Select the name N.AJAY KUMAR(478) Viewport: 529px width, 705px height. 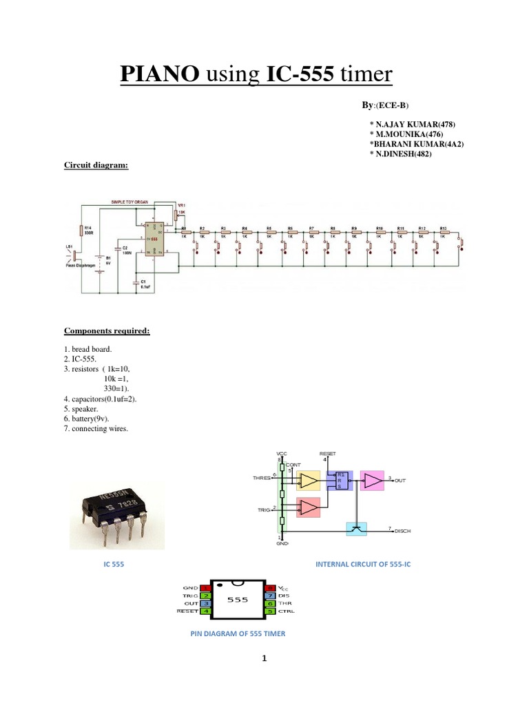click(x=413, y=125)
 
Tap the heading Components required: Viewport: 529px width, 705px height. click(x=107, y=331)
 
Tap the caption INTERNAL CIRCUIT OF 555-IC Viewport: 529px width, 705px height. click(x=362, y=564)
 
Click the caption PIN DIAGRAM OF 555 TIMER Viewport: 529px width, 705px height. click(x=238, y=633)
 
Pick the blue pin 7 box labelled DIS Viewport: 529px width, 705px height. click(x=271, y=594)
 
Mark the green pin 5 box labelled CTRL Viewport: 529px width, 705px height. click(x=271, y=610)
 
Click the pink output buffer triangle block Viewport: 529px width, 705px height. click(x=373, y=480)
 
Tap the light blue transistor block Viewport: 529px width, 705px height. click(x=356, y=529)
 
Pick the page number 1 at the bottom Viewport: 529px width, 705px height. click(x=264, y=658)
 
